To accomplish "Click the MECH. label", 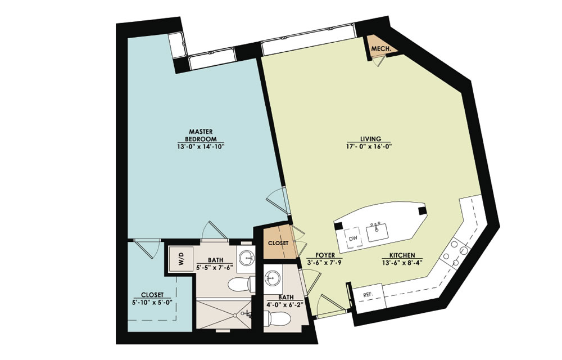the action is pos(380,49).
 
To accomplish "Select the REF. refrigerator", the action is pos(368,295).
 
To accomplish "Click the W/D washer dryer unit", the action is pos(181,259).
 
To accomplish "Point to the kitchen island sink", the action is pos(377,232).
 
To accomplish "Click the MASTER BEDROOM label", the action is pos(201,135).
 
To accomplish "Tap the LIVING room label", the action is pos(370,139).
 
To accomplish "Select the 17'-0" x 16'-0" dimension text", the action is pos(370,146).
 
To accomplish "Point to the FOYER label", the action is pos(325,255).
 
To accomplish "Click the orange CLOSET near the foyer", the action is pos(278,243).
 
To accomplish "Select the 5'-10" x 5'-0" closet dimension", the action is pos(152,302).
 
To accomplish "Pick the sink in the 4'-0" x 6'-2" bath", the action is pos(273,278).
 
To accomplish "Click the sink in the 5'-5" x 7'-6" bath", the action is pos(247,256).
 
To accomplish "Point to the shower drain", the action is pos(234,316).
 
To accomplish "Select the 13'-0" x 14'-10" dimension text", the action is pos(201,146).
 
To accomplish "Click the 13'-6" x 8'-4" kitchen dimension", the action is pos(402,262).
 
